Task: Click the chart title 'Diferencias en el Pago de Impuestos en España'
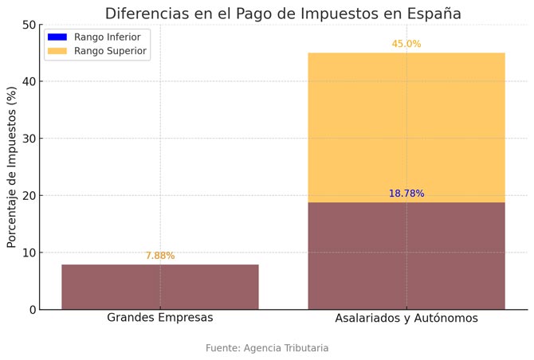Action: click(283, 14)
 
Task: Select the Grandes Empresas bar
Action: click(160, 287)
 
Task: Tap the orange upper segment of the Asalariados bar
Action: click(406, 127)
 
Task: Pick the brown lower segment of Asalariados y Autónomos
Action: click(406, 256)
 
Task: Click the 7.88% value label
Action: click(160, 256)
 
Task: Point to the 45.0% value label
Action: click(406, 44)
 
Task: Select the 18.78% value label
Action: click(406, 194)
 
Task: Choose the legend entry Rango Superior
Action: click(110, 51)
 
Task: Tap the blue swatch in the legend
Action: click(57, 37)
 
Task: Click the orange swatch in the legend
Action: click(57, 51)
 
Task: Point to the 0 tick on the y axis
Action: click(33, 310)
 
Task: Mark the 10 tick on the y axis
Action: click(29, 252)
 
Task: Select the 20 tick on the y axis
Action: click(29, 196)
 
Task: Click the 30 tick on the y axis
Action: click(29, 139)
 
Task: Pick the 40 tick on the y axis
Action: click(29, 81)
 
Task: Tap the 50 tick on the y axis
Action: click(29, 25)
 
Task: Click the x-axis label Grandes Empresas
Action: click(160, 318)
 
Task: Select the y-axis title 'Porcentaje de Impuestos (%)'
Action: click(12, 167)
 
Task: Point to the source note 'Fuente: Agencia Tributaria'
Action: click(267, 348)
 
